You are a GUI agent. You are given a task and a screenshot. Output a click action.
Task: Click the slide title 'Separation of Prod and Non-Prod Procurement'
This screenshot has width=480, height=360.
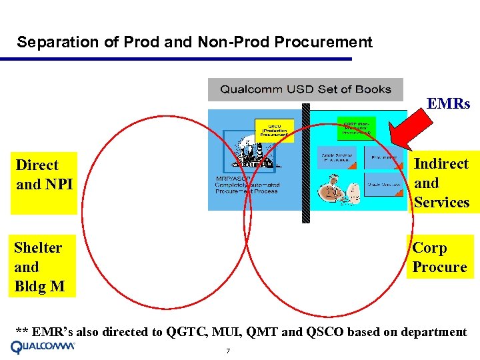point(194,43)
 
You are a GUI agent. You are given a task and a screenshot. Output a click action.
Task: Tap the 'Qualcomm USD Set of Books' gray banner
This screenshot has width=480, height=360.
point(305,89)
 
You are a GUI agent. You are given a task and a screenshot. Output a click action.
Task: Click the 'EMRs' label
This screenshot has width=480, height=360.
point(448,104)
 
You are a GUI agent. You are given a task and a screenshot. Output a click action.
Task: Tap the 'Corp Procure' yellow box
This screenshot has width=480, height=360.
point(439,257)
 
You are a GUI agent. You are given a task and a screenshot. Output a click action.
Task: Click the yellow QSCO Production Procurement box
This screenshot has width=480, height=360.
point(274,129)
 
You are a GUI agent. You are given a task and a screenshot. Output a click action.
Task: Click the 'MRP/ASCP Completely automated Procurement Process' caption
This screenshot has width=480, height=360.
point(247,185)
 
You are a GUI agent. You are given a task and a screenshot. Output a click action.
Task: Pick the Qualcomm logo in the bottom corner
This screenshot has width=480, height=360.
point(43,347)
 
